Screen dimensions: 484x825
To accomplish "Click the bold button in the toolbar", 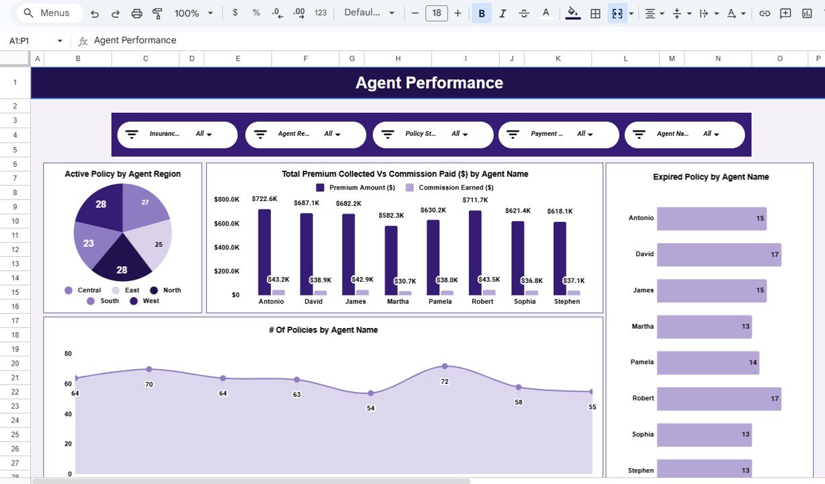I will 481,13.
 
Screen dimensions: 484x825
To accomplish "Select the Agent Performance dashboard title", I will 429,83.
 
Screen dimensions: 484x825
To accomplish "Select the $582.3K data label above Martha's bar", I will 391,215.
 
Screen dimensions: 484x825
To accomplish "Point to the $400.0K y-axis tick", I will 226,247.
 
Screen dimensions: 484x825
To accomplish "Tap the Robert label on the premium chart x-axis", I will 482,301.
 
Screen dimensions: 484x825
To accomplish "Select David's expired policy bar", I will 718,255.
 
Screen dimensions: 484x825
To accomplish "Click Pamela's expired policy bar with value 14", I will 707,362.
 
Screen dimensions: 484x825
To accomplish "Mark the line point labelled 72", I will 444,366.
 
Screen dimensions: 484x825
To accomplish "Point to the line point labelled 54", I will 370,393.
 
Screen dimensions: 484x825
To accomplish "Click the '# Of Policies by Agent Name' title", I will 322,330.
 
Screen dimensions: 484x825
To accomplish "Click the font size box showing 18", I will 437,13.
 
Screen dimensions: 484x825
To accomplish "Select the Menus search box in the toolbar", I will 47,13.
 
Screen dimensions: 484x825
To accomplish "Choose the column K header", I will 558,59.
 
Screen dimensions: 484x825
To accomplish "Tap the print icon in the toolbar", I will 136,13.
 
